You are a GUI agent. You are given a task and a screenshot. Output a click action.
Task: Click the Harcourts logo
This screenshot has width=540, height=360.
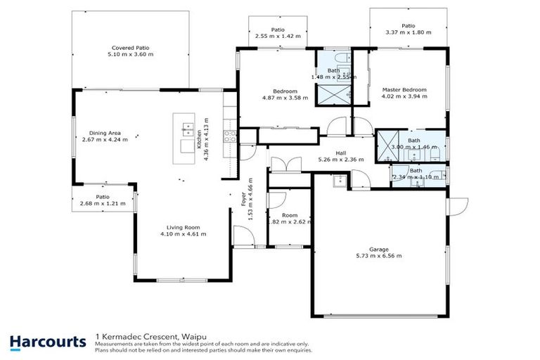(x=48, y=342)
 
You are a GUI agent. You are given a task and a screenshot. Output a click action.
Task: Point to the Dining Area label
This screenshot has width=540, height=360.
(x=102, y=132)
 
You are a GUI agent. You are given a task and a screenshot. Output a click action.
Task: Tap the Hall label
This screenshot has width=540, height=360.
(x=340, y=153)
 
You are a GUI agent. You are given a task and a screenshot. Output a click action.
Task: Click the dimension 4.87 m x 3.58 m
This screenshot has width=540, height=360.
(x=285, y=98)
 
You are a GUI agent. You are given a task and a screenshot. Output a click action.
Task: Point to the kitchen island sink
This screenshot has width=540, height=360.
(x=188, y=128)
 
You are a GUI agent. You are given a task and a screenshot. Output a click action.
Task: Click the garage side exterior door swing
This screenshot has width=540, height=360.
(x=458, y=205)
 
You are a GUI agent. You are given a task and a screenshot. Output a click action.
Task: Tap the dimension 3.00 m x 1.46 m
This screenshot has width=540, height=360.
(x=414, y=147)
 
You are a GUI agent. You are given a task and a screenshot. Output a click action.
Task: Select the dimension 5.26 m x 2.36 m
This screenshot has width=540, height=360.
(x=340, y=160)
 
